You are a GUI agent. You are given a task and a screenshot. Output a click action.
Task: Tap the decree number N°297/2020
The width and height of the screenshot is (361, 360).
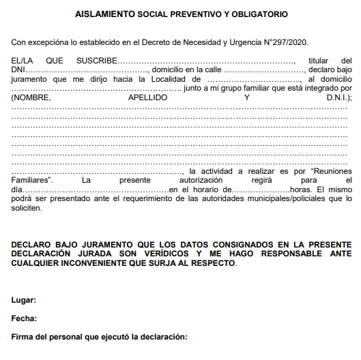pyautogui.click(x=278, y=43)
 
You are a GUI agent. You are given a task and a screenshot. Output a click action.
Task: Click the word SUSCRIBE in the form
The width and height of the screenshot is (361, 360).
pyautogui.click(x=96, y=61)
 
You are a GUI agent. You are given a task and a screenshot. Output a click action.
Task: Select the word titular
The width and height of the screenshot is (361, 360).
pyautogui.click(x=318, y=61)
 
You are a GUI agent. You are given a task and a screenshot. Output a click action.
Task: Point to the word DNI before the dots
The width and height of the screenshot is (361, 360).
pyautogui.click(x=19, y=70)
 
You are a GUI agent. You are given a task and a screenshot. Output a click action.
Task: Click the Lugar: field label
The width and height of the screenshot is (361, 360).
pyautogui.click(x=24, y=300)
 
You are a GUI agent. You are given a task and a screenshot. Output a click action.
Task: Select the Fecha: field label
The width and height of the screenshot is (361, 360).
pyautogui.click(x=24, y=318)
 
